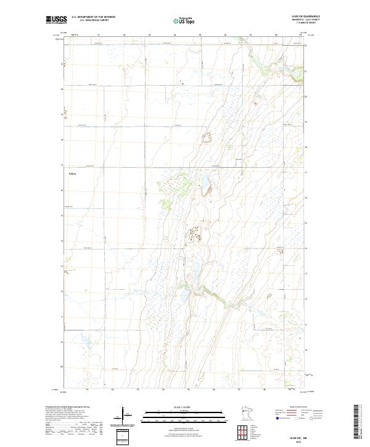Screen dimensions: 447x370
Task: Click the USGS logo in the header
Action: tap(56, 20)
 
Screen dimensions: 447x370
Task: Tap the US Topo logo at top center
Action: tap(184, 21)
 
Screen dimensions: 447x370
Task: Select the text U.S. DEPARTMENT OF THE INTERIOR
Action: tap(94, 17)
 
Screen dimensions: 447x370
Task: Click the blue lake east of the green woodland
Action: tap(203, 182)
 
